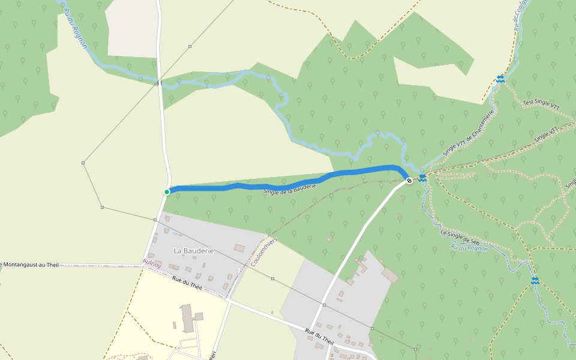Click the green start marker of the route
[x=167, y=191]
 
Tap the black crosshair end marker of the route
[x=409, y=180]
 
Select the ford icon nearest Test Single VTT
[x=500, y=79]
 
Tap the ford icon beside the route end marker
[x=422, y=177]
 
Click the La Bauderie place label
[x=193, y=250]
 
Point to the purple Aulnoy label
[x=152, y=263]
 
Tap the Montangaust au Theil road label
[x=30, y=264]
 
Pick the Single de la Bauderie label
[x=290, y=188]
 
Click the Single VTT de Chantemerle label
[x=469, y=133]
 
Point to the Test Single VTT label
[x=541, y=104]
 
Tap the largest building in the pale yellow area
[x=188, y=317]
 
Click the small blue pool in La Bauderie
[x=175, y=233]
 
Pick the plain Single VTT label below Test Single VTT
[x=546, y=134]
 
